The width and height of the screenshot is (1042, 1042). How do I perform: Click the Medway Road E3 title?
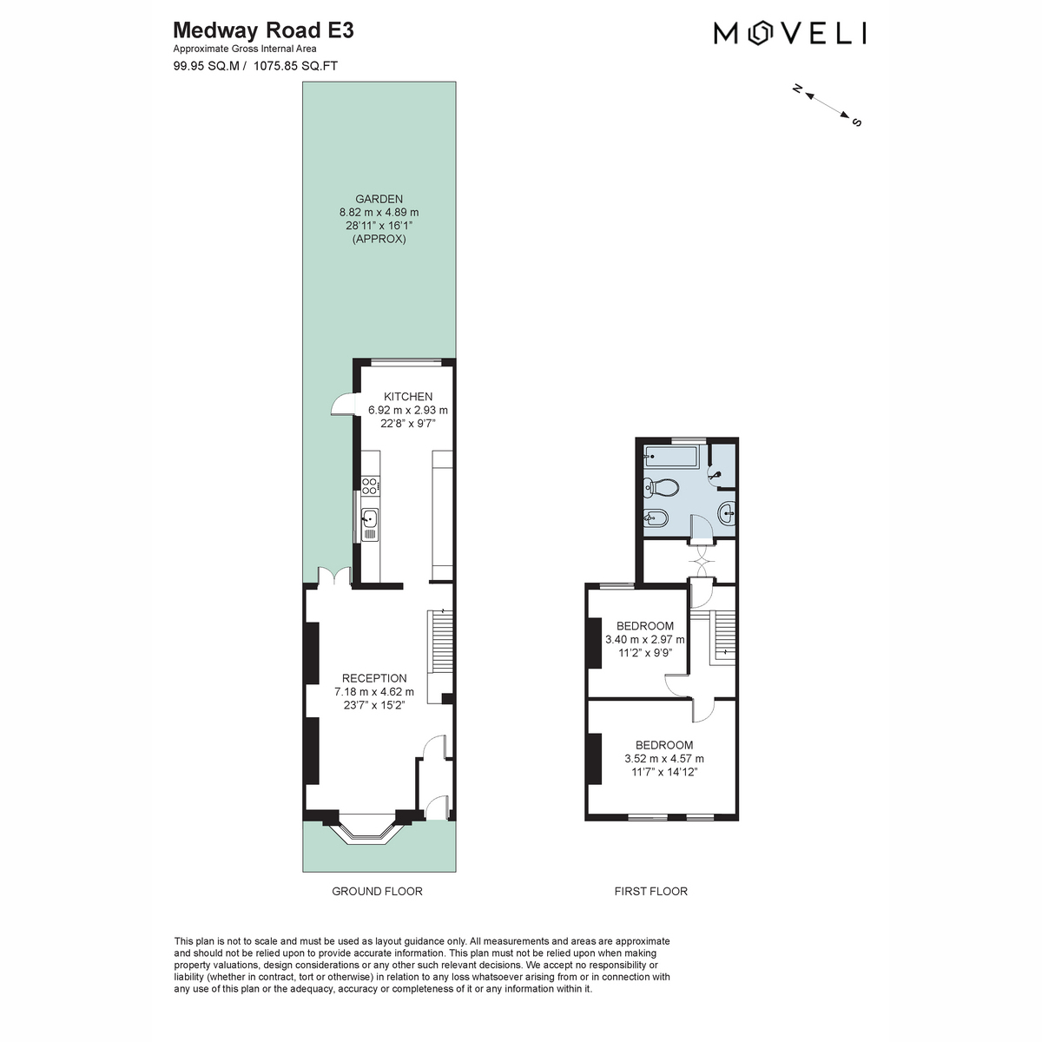[x=263, y=30]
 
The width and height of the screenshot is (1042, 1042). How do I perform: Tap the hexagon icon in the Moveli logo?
[x=759, y=33]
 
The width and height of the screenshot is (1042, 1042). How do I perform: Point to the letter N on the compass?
[x=796, y=89]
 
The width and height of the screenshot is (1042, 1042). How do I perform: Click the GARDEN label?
[x=379, y=199]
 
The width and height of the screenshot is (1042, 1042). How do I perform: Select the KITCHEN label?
[x=408, y=396]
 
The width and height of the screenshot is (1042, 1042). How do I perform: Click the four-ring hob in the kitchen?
[x=370, y=485]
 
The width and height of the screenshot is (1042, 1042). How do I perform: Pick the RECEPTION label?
[x=374, y=678]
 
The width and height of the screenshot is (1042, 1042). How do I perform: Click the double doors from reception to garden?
[x=334, y=577]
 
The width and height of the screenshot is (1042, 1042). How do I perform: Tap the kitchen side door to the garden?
[x=342, y=404]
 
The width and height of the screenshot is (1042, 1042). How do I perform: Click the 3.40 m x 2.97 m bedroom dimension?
[x=644, y=639]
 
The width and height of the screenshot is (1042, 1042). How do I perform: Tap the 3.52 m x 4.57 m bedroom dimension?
[x=664, y=758]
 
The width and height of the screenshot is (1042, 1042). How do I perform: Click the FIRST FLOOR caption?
[x=650, y=891]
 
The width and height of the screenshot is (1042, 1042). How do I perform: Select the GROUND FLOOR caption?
[x=377, y=891]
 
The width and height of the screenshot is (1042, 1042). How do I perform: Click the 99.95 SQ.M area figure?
[x=206, y=66]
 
